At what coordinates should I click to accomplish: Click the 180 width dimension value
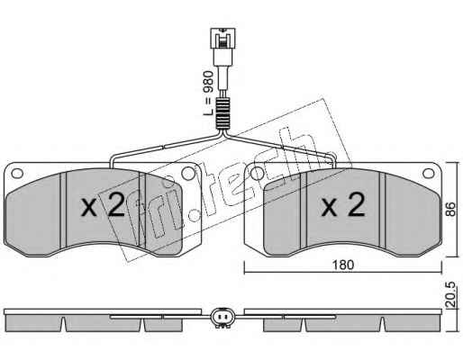(x=343, y=265)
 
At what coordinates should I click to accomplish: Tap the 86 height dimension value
(x=450, y=209)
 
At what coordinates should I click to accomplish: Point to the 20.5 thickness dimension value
(x=450, y=294)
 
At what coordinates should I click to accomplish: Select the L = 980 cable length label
(x=208, y=94)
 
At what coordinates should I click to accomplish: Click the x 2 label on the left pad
(x=103, y=204)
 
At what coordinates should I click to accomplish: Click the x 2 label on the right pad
(x=343, y=204)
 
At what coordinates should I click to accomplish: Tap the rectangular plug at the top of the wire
(x=222, y=38)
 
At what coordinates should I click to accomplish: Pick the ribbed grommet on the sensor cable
(x=222, y=114)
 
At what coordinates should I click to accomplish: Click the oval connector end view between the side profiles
(x=222, y=318)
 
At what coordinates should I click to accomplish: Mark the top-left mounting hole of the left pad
(x=17, y=174)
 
